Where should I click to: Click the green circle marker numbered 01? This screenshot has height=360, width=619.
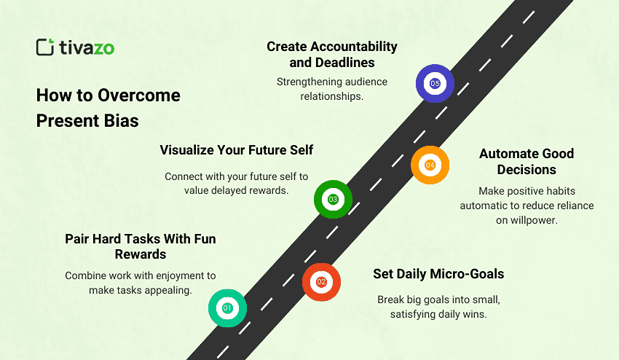(227, 308)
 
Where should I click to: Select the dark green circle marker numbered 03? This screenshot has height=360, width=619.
(333, 199)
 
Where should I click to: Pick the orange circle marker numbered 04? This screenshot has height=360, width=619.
(430, 165)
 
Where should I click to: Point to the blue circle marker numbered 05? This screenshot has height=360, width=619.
(435, 83)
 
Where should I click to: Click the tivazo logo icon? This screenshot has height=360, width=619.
(45, 47)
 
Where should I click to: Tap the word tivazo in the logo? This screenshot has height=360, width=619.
(87, 47)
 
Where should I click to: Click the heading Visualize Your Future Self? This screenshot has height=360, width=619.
(237, 150)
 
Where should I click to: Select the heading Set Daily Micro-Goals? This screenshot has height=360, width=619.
(438, 274)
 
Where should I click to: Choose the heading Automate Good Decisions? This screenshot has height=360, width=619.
(526, 162)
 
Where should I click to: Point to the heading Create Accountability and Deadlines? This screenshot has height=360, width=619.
(332, 55)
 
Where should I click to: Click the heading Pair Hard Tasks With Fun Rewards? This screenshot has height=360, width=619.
(141, 246)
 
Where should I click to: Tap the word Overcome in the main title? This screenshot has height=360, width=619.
(138, 95)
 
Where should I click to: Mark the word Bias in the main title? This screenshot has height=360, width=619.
(120, 121)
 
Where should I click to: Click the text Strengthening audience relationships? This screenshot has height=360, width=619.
(332, 89)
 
